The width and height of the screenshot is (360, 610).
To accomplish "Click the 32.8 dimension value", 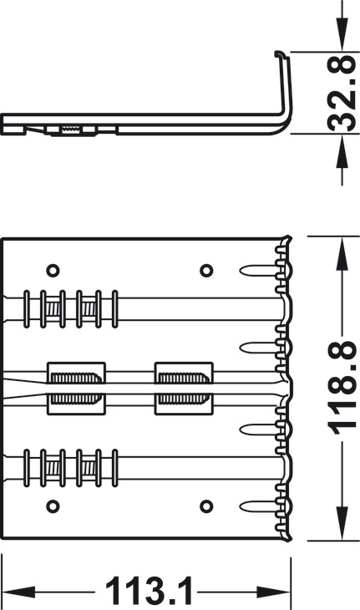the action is pos(341,93).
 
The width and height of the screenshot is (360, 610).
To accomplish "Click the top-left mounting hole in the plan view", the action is pos(53,270).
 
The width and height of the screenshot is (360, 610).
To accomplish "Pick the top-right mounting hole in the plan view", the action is pos(206,270).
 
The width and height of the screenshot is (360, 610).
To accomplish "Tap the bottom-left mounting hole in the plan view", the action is pos(53,506).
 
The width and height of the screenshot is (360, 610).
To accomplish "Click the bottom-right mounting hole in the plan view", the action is pos(206,506).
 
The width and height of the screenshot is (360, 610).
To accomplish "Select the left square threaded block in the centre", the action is pos(76,389).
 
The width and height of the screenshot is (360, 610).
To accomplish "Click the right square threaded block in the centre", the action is pos(184,389).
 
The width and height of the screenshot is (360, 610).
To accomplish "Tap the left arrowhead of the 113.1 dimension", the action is pos(18,592).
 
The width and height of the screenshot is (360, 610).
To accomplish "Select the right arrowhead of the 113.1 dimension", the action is pos(274,592).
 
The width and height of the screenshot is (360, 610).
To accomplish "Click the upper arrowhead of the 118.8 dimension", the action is pos(342,253).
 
